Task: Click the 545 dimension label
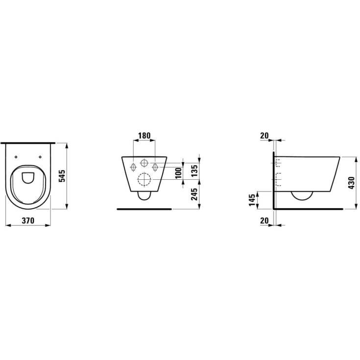click(62, 176)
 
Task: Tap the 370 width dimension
click(28, 220)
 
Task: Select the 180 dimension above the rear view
click(144, 136)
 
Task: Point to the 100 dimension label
click(179, 173)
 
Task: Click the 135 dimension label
click(194, 171)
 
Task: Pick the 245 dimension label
click(194, 194)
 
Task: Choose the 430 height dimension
click(352, 183)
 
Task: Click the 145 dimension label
click(252, 200)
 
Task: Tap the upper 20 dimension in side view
click(264, 136)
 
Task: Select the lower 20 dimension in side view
click(264, 220)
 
